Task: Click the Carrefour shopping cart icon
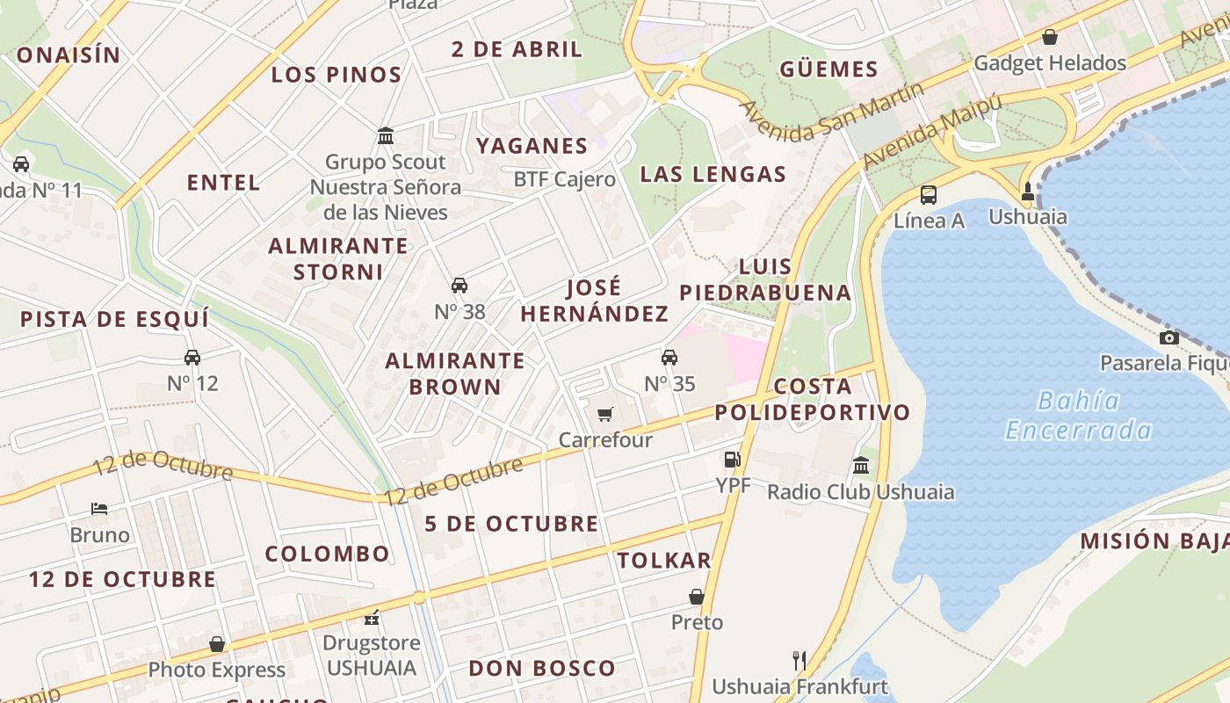coord(604,414)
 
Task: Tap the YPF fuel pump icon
coord(732,459)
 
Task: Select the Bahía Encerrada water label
coord(1078,416)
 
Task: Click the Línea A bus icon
coord(929,194)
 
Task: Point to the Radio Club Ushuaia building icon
coord(861,465)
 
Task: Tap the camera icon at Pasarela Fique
coord(1168,337)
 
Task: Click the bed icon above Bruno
coord(99,509)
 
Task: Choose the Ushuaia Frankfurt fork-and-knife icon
coord(799,660)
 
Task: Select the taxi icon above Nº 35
coord(669,357)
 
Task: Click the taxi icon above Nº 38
coord(459,285)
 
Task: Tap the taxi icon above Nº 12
coord(192,357)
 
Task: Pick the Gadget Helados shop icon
coord(1049,37)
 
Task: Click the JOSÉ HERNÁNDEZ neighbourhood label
coord(595,301)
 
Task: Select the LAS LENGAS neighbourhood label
coord(713,174)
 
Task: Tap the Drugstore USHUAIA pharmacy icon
coord(372,617)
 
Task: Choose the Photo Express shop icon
coord(217,644)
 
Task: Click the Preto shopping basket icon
coord(697,597)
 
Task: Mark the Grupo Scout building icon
coord(385,135)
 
